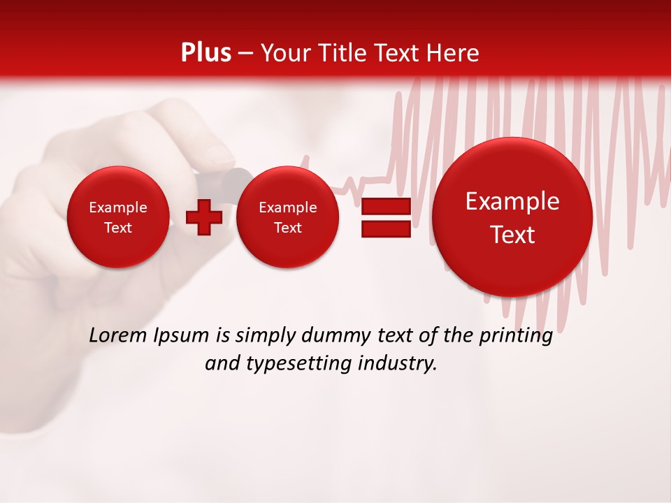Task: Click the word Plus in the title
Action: pyautogui.click(x=205, y=53)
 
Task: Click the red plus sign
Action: pyautogui.click(x=204, y=217)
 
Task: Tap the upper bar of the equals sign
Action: pyautogui.click(x=386, y=206)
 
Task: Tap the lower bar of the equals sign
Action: pyautogui.click(x=386, y=229)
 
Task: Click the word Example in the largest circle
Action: pyautogui.click(x=512, y=201)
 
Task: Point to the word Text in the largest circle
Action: pyautogui.click(x=512, y=235)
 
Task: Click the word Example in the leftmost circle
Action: pyautogui.click(x=118, y=207)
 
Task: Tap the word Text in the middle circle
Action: pyautogui.click(x=287, y=228)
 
